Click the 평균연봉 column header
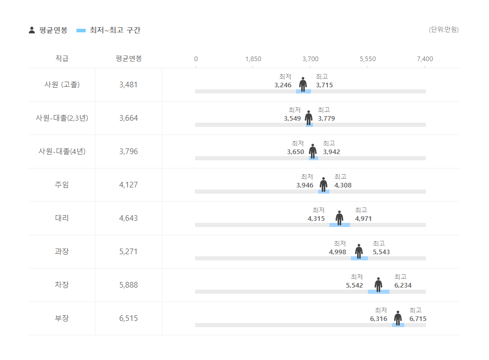pyautogui.click(x=128, y=59)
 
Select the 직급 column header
pyautogui.click(x=62, y=59)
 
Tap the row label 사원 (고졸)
pyautogui.click(x=62, y=85)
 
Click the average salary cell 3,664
pyautogui.click(x=128, y=118)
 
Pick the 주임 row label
pyautogui.click(x=62, y=185)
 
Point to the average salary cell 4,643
pyautogui.click(x=128, y=218)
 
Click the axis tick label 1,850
pyautogui.click(x=253, y=59)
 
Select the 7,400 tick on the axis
pyautogui.click(x=425, y=59)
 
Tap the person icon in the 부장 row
pyautogui.click(x=398, y=318)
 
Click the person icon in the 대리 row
pyautogui.click(x=339, y=218)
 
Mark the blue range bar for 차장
pyautogui.click(x=378, y=292)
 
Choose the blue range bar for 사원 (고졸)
pyautogui.click(x=303, y=91)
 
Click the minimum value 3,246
pyautogui.click(x=283, y=85)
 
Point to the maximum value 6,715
pyautogui.click(x=418, y=319)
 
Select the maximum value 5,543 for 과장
pyautogui.click(x=381, y=252)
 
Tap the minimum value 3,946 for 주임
pyautogui.click(x=305, y=185)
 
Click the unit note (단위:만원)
pyautogui.click(x=444, y=30)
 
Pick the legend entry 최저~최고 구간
pyautogui.click(x=114, y=30)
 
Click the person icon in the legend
pyautogui.click(x=32, y=30)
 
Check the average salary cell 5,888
pyautogui.click(x=128, y=285)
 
